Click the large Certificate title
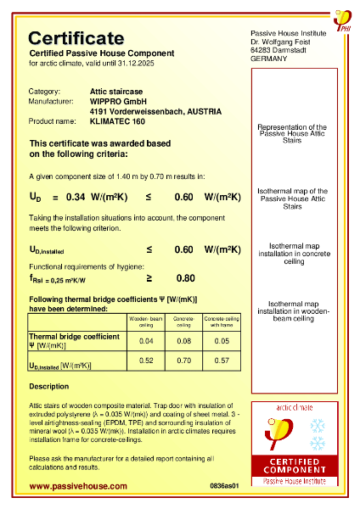coord(76,38)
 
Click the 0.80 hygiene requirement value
coord(186,277)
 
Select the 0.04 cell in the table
coord(146,341)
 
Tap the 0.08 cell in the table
coord(183,341)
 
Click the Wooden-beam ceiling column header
coord(146,322)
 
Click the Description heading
coord(49,387)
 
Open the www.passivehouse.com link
coord(78,486)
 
